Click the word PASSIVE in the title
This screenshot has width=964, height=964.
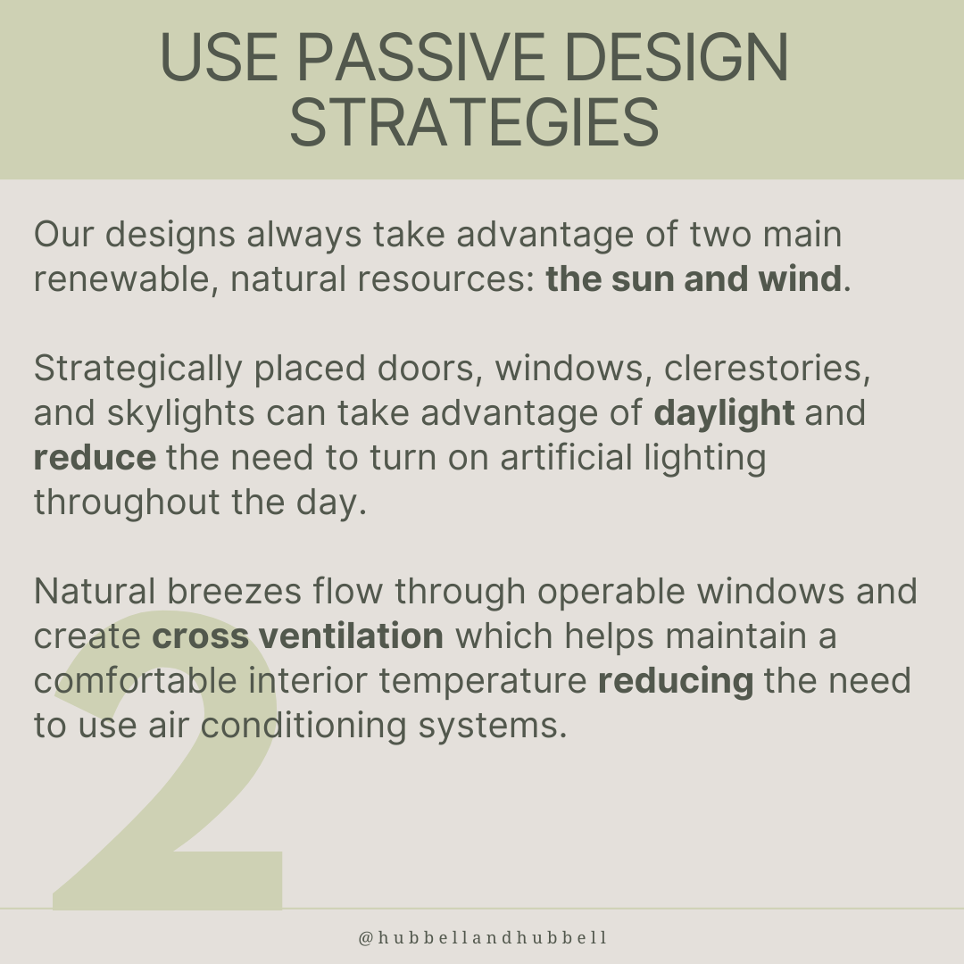tap(421, 56)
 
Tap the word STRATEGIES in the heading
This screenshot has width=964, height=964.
tap(475, 122)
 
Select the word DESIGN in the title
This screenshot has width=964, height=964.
tap(677, 56)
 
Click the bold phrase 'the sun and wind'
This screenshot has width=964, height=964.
tap(693, 278)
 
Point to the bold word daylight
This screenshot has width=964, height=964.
tap(724, 413)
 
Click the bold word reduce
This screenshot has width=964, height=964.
tap(95, 458)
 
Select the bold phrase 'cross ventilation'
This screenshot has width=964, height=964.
tap(297, 636)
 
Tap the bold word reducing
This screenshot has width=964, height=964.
tap(675, 681)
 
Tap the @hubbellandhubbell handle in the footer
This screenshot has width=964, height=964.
tap(483, 937)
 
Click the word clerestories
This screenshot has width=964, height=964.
tap(767, 369)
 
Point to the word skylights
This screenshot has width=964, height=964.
tap(180, 413)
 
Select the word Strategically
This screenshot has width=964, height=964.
tap(137, 370)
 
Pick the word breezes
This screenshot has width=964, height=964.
tap(234, 592)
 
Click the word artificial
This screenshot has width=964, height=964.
tap(566, 458)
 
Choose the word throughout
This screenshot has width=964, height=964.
tap(127, 503)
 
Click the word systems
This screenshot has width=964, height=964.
tap(493, 727)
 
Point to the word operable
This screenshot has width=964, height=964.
tap(611, 593)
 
